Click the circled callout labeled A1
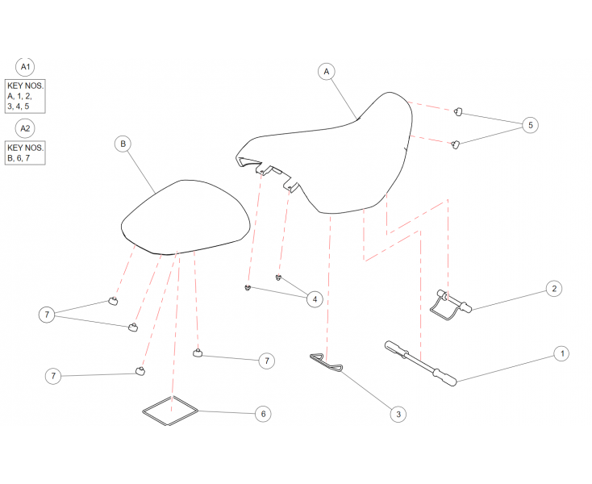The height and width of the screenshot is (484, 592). pos(25,67)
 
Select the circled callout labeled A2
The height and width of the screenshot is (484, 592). pos(25,129)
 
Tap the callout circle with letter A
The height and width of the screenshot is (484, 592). pos(327,72)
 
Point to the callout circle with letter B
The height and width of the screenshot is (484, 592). pos(123,144)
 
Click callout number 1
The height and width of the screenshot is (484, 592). pos(562,353)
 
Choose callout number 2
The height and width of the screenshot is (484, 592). pos(554,289)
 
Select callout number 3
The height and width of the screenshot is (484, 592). pos(398,414)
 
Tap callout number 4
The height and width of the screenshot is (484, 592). pos(315,299)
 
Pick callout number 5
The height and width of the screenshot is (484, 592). pos(530,125)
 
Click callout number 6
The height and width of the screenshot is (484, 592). pos(263,414)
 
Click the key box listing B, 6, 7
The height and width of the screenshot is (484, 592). pos(25,153)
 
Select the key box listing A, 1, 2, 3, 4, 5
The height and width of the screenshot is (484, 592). pos(25,96)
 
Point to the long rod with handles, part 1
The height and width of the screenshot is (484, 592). pos(420,364)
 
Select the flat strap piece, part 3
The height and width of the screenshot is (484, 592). pos(326,361)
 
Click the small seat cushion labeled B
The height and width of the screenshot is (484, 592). pos(186,217)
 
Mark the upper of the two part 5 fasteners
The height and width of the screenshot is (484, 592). pos(458,111)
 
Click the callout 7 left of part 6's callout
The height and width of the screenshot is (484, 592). pos(53,376)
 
